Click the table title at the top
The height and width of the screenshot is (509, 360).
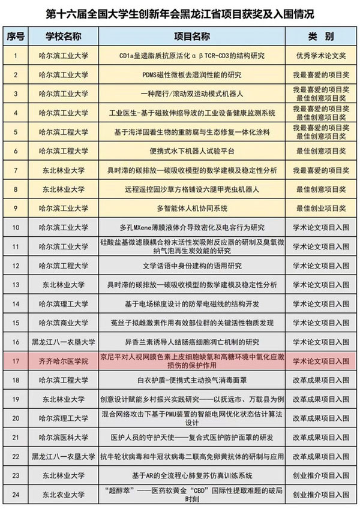pos(180,13)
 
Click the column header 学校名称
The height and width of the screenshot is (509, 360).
pos(67,36)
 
